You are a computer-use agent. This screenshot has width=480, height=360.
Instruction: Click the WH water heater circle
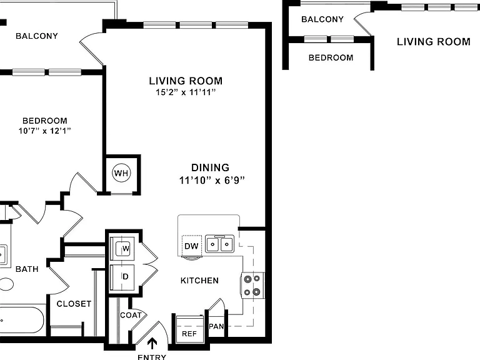coord(121,173)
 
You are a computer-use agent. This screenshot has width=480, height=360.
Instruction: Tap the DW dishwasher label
coord(191,246)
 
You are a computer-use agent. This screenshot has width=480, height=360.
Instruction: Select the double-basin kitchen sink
coord(219,244)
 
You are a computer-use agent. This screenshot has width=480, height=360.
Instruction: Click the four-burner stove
coord(252,285)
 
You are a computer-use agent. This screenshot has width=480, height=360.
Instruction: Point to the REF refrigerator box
coord(190,329)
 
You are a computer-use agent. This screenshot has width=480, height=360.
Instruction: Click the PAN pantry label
coord(216,327)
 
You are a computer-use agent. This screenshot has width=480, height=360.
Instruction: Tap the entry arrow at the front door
coord(152,343)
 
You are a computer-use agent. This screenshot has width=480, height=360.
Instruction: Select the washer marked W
coord(122,248)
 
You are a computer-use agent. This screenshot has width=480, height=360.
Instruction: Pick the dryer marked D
coord(122,277)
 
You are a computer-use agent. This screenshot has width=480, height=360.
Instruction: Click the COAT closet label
coord(131,315)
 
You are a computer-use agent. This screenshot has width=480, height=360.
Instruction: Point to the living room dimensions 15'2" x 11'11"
coord(186,92)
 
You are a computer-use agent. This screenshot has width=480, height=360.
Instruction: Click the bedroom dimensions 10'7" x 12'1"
coord(45,131)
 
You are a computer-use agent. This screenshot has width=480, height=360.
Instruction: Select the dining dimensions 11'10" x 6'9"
coord(212,180)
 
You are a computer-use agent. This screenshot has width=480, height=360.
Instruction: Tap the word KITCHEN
coord(199,281)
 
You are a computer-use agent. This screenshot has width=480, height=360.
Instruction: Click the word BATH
coord(27,269)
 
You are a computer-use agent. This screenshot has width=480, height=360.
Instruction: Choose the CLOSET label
coord(74,304)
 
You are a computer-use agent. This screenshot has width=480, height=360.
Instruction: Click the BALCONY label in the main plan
coord(37,36)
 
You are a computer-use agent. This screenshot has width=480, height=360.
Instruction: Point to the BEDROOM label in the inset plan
coord(331,58)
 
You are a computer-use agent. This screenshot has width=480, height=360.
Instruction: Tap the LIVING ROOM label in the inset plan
coord(434,42)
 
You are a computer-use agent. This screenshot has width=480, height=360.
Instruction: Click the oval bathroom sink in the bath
coord(6,284)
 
